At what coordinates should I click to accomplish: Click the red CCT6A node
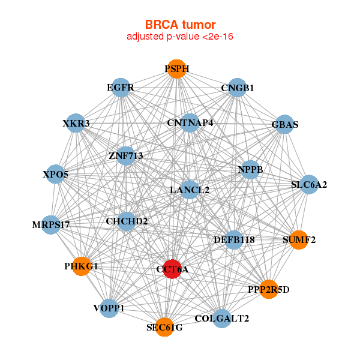[173, 269]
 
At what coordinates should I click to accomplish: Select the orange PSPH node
[176, 69]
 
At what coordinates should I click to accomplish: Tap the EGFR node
[121, 88]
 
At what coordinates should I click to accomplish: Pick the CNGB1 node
[238, 88]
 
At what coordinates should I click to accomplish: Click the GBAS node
[284, 125]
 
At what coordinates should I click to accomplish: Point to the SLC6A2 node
[308, 184]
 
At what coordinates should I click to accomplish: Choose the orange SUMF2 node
[299, 240]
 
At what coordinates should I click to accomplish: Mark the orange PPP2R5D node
[269, 289]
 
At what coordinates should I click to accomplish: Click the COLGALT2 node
[221, 318]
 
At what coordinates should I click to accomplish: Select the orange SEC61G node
[164, 327]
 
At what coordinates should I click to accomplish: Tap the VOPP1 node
[109, 308]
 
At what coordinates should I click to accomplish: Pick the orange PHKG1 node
[81, 266]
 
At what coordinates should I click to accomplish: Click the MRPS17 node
[52, 225]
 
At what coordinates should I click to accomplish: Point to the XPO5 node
[56, 174]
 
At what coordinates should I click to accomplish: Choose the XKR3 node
[76, 124]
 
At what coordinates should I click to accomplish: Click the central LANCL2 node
[190, 190]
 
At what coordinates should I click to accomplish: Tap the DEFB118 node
[234, 239]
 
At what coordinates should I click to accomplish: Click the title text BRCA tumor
[179, 25]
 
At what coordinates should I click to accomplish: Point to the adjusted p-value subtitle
[179, 37]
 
